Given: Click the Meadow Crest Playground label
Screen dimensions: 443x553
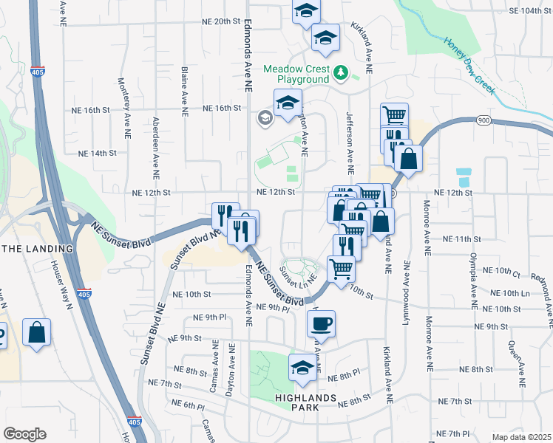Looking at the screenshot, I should coord(303,73).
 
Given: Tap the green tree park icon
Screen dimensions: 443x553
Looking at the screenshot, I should coord(340,72).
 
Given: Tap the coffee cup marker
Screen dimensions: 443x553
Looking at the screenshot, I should coord(321,323).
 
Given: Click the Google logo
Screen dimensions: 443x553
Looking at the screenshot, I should coord(24,434).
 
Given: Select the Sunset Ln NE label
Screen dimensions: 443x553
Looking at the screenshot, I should coord(298,275).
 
